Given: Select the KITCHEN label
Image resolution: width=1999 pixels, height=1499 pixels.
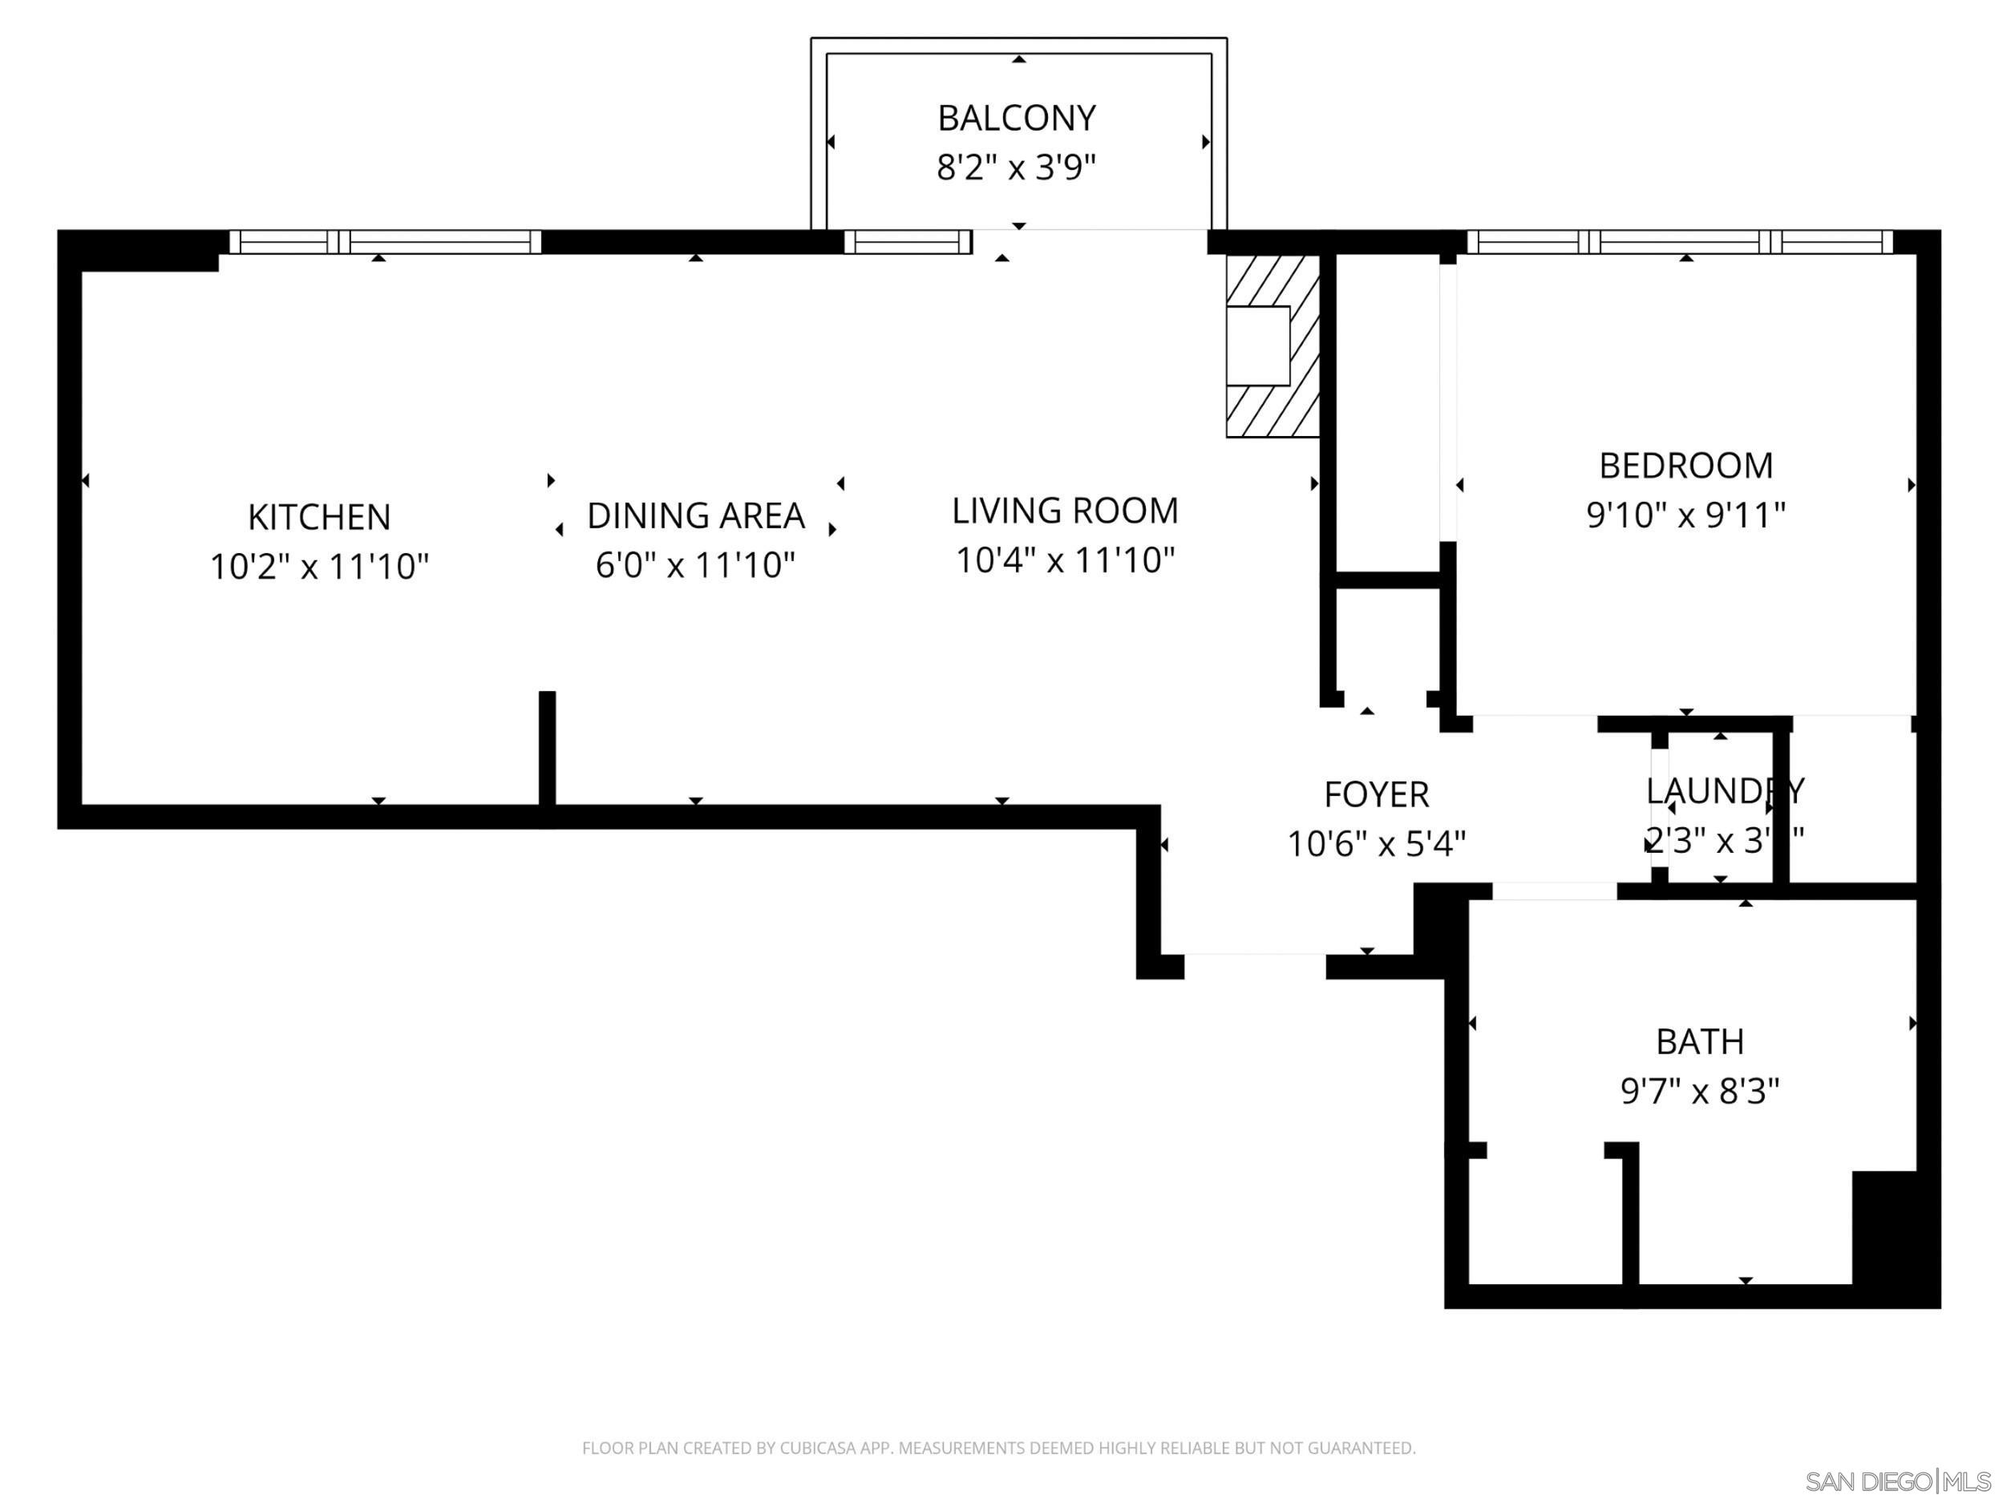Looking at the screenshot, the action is click(319, 518).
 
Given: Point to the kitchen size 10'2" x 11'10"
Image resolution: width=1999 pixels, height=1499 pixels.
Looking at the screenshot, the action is click(319, 568).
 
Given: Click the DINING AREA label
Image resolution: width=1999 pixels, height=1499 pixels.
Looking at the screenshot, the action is click(695, 516).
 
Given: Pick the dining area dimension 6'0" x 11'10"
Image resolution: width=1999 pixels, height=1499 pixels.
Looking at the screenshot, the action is click(695, 566).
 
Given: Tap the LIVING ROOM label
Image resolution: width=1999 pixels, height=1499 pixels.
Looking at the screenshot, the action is click(1065, 511).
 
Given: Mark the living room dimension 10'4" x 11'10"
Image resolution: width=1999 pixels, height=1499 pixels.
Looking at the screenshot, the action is click(1065, 560).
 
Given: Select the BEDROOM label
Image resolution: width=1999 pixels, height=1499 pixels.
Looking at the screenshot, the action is click(1685, 467).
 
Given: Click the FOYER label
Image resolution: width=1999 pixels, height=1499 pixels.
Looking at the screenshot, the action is click(1375, 795).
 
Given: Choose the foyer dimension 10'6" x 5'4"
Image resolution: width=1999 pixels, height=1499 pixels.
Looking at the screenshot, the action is click(1375, 845).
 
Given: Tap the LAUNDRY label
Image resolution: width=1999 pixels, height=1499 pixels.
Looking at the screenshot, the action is click(1723, 791).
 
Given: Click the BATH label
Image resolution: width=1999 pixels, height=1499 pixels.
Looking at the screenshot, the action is click(1699, 1043).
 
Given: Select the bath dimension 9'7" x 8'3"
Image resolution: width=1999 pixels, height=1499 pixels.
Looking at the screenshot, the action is click(1699, 1092).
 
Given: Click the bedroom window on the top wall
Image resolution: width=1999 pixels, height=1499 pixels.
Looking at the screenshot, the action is click(1679, 242).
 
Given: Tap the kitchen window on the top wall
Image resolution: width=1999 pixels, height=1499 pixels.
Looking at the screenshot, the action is click(385, 242).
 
